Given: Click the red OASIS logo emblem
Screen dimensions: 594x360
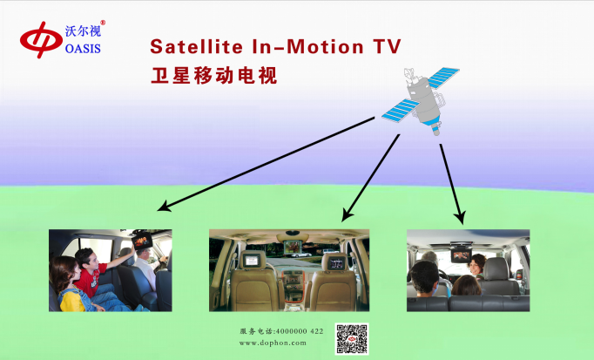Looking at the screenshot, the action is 41,40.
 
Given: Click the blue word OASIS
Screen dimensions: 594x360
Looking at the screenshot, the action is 83,49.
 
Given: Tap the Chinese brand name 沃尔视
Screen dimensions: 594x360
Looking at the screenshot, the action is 83,31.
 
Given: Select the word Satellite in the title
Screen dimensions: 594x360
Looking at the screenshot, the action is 196,46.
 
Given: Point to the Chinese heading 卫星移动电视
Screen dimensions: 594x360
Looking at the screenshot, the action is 214,75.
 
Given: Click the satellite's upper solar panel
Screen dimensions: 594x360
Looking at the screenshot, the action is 443,78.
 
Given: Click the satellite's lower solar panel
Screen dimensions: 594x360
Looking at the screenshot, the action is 401,111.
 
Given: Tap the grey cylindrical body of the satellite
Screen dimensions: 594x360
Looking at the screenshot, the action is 424,100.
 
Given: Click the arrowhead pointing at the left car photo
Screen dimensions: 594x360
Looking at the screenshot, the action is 164,207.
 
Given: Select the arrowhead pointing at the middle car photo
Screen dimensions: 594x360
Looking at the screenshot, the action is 347,214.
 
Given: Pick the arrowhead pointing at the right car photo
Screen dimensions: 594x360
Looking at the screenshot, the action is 460,218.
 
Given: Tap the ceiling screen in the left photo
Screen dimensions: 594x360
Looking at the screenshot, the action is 142,241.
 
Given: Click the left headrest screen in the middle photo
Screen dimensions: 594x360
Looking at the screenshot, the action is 252,261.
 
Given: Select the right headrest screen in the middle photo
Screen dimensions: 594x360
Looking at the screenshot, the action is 336,262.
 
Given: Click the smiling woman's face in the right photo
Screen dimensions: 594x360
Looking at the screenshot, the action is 475,267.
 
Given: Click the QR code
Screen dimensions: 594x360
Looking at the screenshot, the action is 352,339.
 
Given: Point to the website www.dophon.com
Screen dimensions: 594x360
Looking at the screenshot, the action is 273,343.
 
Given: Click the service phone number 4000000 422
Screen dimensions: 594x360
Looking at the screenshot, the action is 300,331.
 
